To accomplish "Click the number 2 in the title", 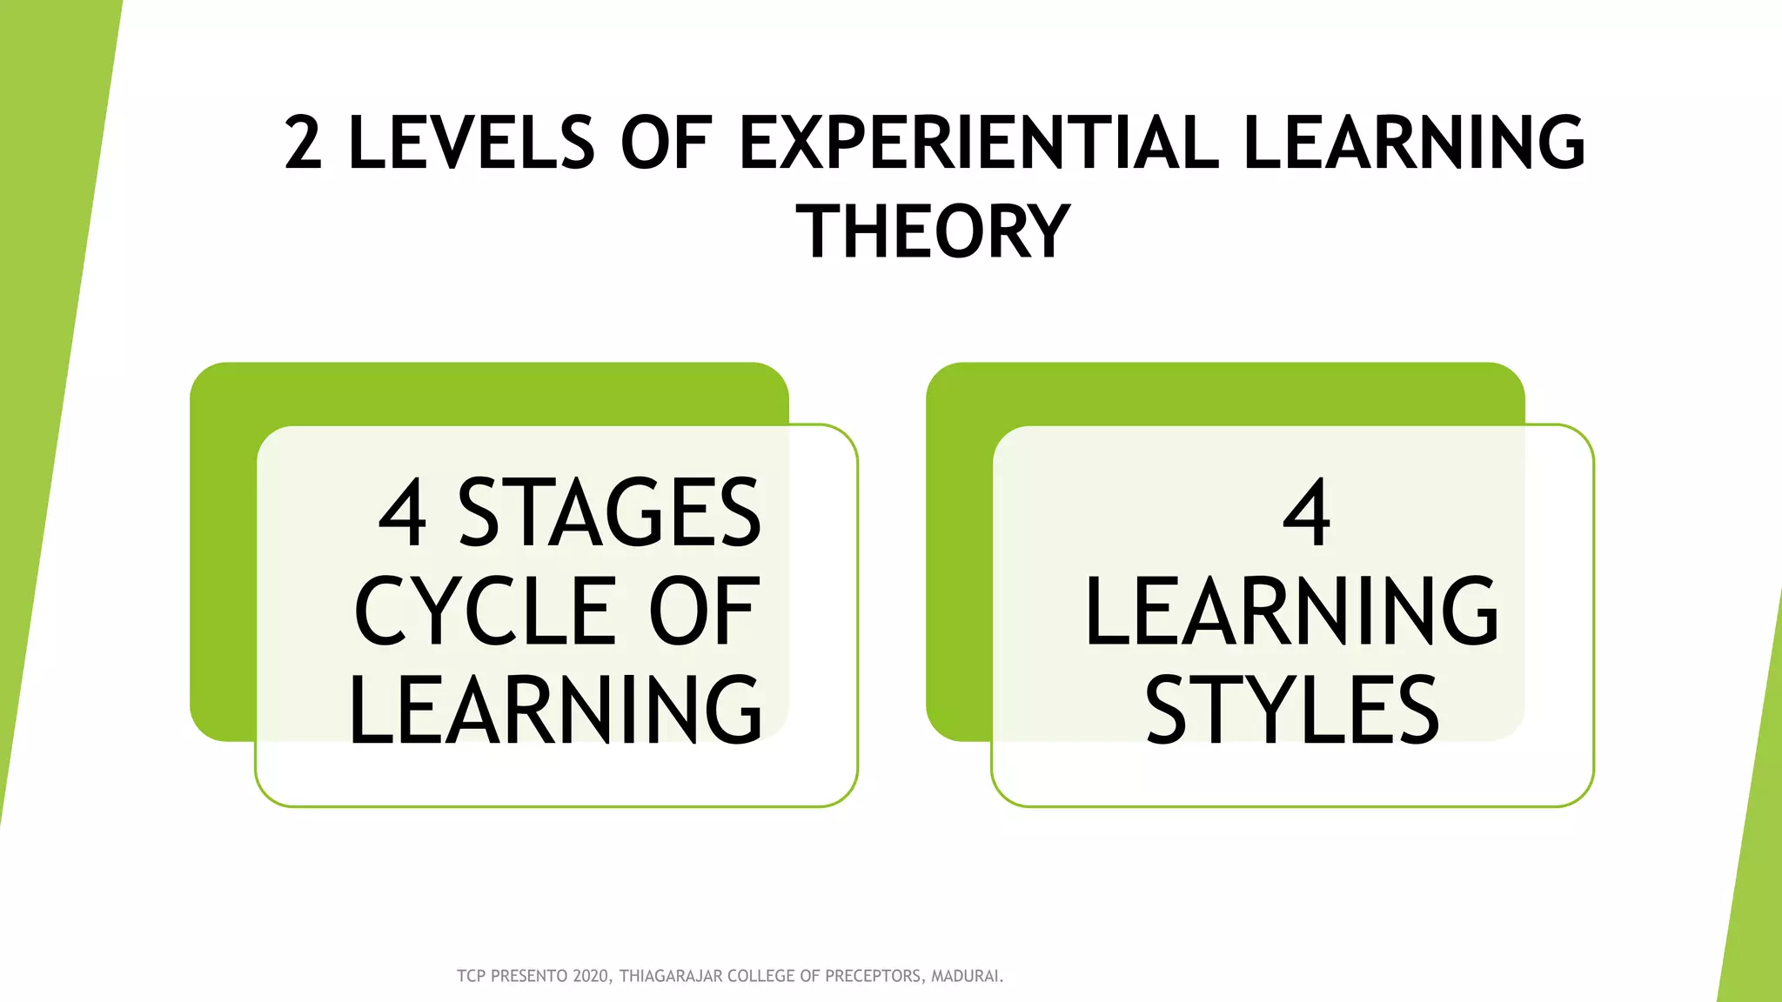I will (304, 143).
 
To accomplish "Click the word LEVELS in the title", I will (471, 143).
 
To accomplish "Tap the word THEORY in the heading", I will (933, 231).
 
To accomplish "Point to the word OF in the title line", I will (666, 143).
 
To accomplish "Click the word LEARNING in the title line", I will (1414, 143).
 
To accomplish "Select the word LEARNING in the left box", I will (555, 711).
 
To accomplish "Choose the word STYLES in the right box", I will (1292, 711).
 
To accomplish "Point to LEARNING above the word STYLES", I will (1292, 611).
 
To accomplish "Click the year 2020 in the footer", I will (592, 976).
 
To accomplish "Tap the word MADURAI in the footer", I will (966, 976).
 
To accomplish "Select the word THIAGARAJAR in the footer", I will (671, 976).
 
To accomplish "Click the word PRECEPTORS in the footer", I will (874, 976).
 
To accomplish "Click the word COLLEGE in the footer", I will (760, 976).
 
